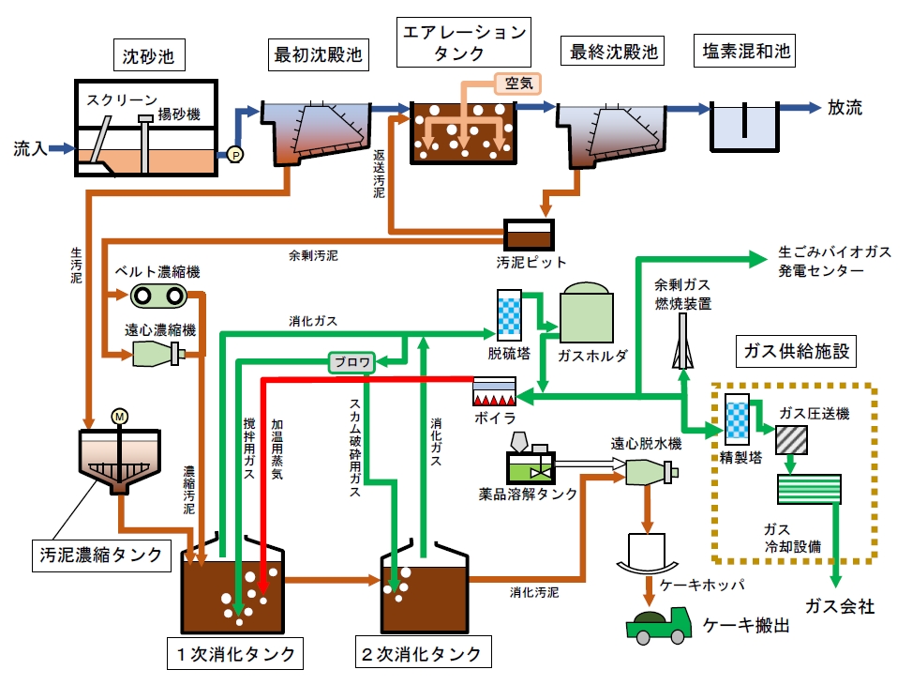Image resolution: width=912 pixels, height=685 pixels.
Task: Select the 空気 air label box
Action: click(518, 83)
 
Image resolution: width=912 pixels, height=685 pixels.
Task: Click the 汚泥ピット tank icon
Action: click(529, 234)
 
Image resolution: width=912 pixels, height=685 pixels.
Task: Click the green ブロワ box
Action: click(351, 361)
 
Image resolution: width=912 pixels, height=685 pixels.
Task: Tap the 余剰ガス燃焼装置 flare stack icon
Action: click(682, 343)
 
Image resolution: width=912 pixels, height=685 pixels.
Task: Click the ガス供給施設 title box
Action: click(795, 352)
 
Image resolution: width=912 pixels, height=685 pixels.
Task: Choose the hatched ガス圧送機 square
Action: click(794, 437)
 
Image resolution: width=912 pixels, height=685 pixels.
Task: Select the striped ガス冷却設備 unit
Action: click(809, 490)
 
